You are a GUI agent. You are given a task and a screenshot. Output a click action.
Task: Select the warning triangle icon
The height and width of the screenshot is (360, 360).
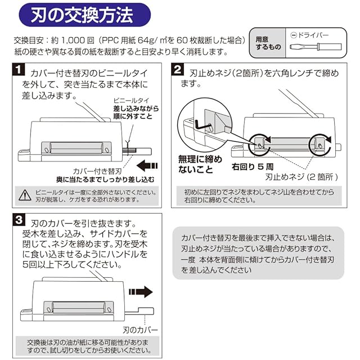[25, 195]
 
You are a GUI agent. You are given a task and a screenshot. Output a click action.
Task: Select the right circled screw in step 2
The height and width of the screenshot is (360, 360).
[321, 142]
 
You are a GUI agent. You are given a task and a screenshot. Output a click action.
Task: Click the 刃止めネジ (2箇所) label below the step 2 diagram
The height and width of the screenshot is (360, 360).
[301, 177]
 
